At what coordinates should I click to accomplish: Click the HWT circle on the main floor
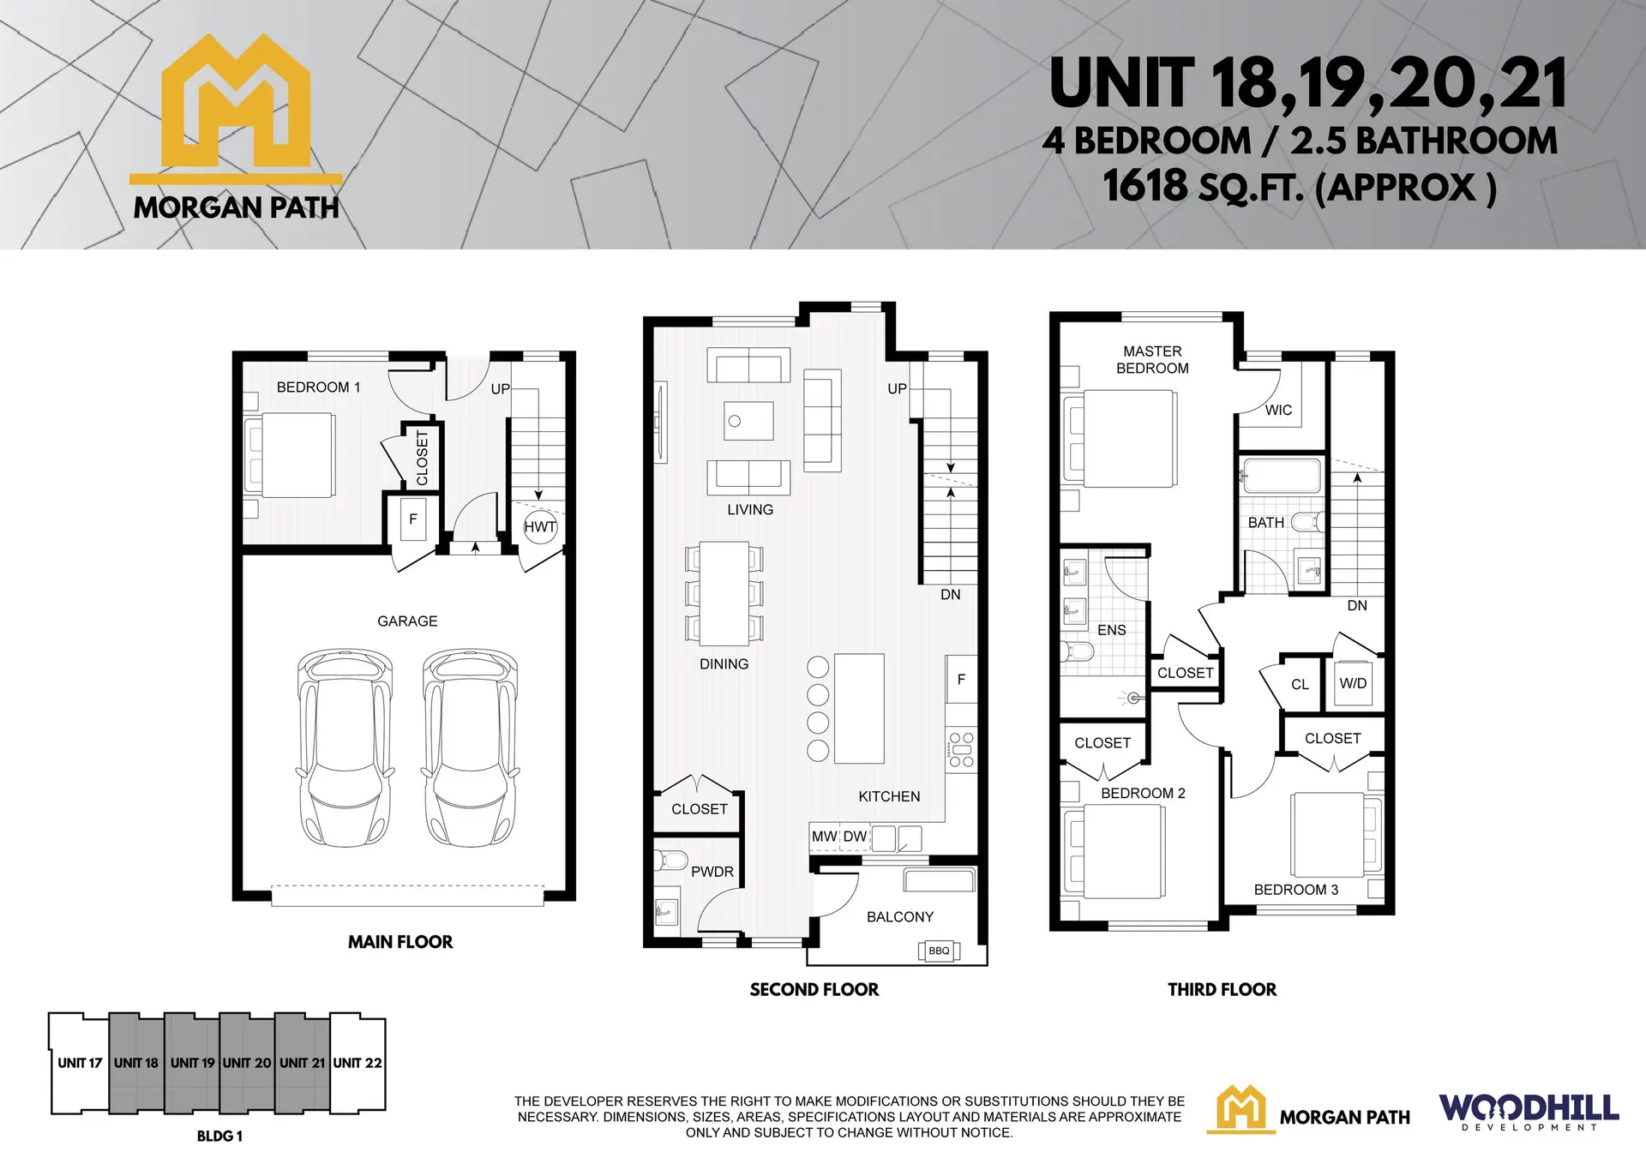(x=540, y=527)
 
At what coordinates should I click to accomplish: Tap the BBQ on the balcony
(x=939, y=951)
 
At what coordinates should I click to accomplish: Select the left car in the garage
(x=345, y=746)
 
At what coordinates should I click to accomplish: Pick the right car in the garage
(x=471, y=746)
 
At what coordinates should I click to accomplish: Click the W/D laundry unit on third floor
(x=1353, y=683)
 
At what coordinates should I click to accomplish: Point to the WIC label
(x=1278, y=410)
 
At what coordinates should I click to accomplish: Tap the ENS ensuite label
(x=1111, y=630)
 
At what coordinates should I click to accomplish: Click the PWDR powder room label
(x=712, y=872)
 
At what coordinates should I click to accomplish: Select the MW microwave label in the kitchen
(x=824, y=837)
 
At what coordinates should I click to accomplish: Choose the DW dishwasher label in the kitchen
(x=855, y=837)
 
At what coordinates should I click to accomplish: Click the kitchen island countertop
(x=859, y=708)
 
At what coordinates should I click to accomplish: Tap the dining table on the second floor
(x=724, y=593)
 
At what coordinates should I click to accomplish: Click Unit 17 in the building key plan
(x=80, y=1063)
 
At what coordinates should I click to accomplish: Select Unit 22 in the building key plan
(x=357, y=1063)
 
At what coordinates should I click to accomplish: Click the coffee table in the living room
(x=748, y=421)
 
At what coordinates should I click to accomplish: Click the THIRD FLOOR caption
(x=1222, y=990)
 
